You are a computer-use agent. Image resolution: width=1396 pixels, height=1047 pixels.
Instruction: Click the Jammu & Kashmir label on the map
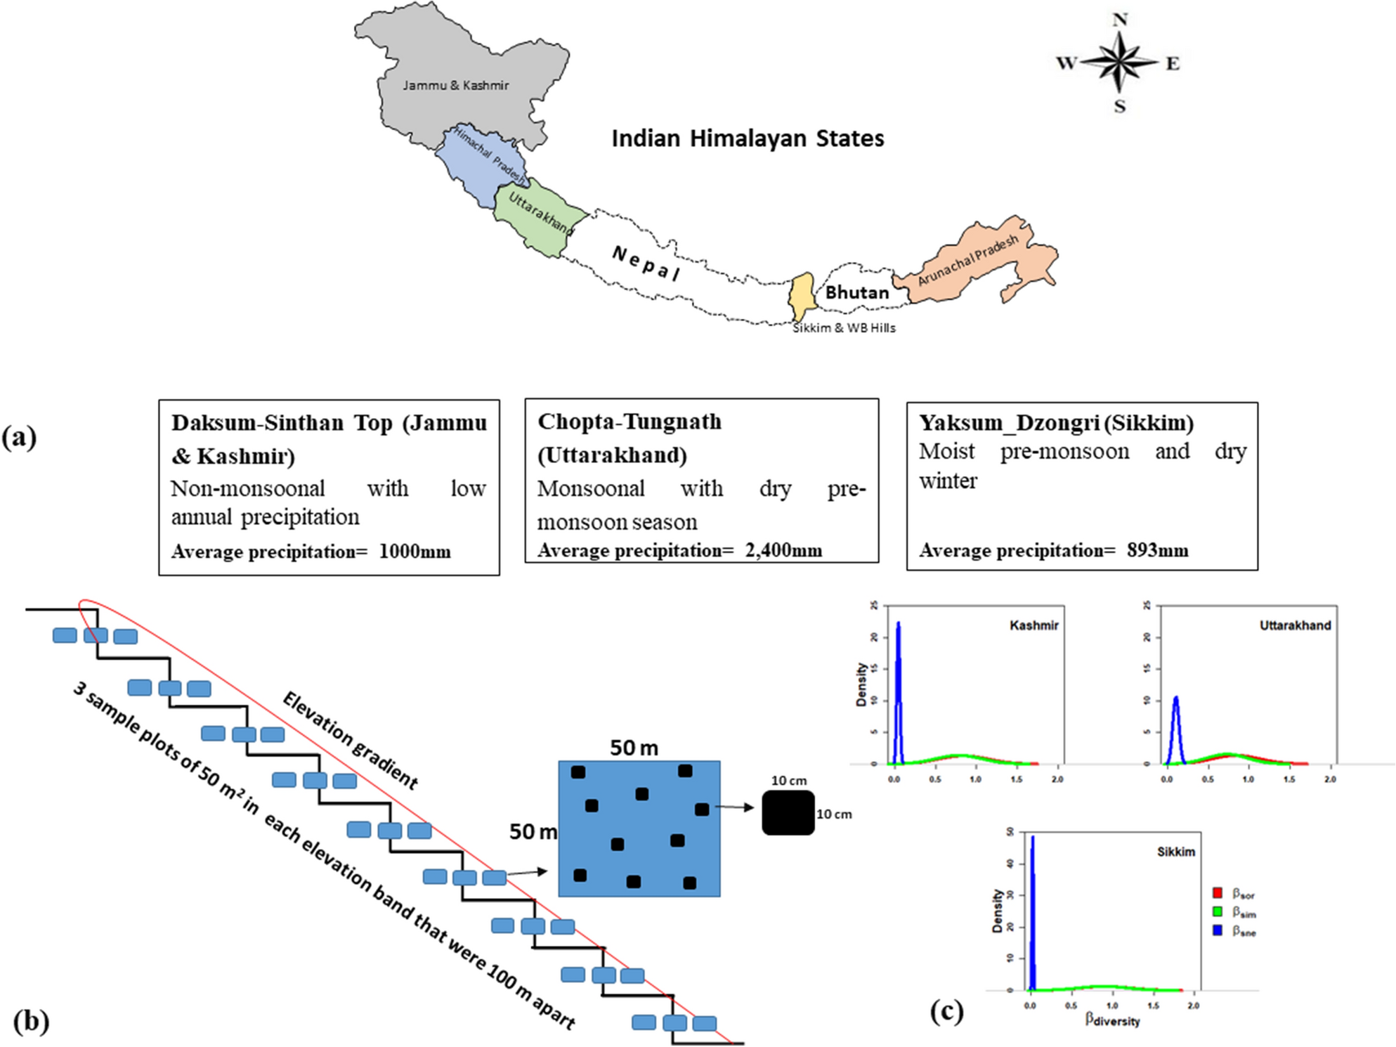(455, 86)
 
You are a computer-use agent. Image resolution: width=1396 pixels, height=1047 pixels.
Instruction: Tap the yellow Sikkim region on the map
(801, 297)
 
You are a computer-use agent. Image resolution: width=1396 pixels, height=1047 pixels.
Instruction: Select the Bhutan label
(856, 292)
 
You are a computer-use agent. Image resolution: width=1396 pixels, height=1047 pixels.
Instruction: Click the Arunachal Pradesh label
(968, 260)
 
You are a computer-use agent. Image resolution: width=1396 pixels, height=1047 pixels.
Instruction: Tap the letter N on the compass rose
(1120, 20)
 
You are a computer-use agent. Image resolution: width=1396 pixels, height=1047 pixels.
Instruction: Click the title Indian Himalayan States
(748, 138)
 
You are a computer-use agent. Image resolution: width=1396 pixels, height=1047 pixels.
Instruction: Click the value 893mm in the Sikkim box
(1158, 550)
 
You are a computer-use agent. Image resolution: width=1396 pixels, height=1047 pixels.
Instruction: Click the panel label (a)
(19, 437)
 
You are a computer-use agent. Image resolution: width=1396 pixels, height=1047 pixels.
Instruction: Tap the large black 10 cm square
(788, 813)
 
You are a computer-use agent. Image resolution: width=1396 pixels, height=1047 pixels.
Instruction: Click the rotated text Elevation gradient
(350, 740)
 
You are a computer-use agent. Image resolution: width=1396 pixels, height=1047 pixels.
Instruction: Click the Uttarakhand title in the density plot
(1294, 625)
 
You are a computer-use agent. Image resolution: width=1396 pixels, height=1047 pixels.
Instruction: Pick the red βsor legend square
(1218, 893)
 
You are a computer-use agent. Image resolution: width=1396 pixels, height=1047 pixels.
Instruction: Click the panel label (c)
(946, 1012)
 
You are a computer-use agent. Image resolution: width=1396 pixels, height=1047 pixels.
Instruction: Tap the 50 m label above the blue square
(634, 748)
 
